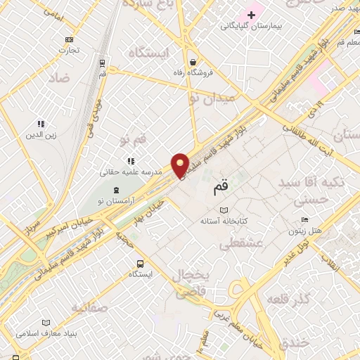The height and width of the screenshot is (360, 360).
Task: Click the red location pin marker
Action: pos(181,165)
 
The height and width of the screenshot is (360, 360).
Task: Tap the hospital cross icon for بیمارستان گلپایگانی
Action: pos(252,14)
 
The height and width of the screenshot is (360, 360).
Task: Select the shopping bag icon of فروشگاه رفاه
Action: pos(193,61)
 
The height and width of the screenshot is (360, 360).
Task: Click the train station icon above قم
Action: pos(103,61)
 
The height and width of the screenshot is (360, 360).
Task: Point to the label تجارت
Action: pos(69,51)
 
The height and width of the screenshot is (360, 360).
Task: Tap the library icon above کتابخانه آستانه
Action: pos(224,210)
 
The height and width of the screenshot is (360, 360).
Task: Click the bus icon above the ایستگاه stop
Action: pos(140,264)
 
